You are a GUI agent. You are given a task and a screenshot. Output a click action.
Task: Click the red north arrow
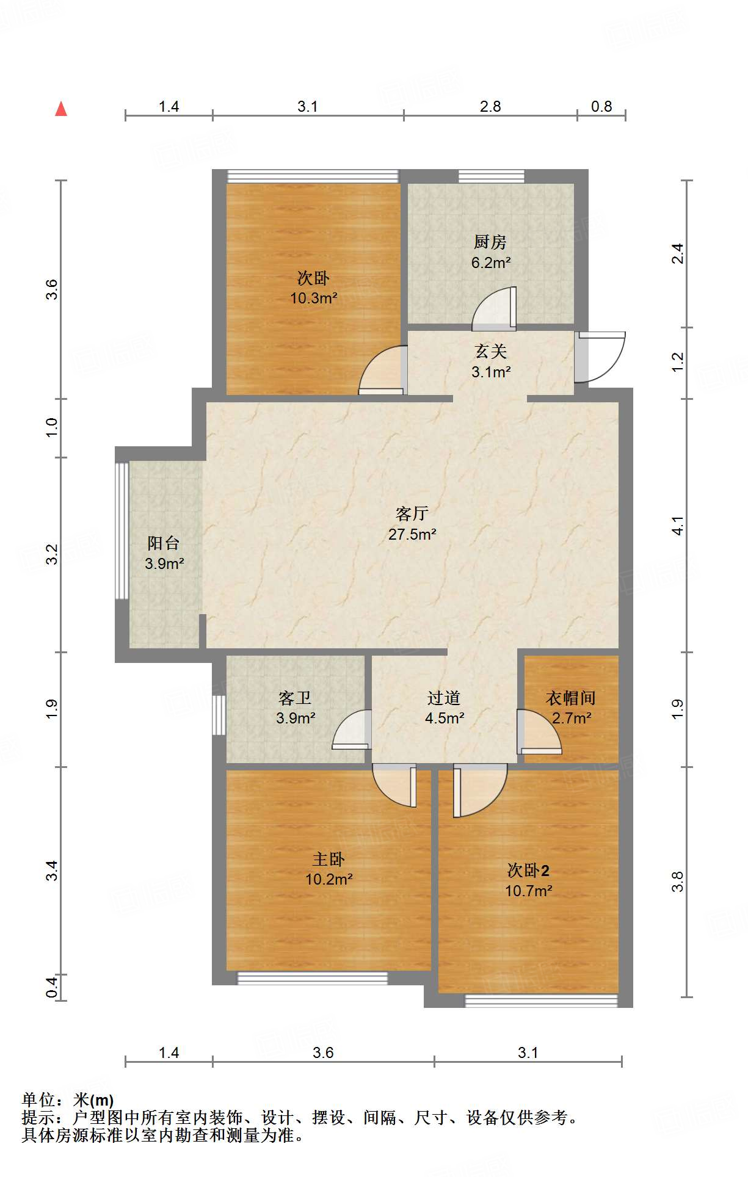point(61,109)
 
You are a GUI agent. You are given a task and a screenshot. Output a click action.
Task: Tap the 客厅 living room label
point(412,513)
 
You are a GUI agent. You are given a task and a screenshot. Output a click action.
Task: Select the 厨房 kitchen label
point(490,242)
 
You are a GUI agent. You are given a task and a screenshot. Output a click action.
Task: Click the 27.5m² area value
point(412,535)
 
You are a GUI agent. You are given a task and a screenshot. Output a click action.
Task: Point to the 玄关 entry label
point(491,352)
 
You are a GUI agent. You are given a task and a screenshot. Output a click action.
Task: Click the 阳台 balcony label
point(164,543)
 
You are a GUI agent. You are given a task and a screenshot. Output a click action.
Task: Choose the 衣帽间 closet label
point(570,698)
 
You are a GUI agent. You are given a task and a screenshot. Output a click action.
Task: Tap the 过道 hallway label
point(444,698)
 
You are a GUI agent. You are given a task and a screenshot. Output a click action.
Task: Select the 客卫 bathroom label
point(295,698)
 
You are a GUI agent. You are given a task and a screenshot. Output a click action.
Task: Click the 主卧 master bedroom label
point(329,860)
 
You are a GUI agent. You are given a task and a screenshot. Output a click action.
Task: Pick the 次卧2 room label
point(528,871)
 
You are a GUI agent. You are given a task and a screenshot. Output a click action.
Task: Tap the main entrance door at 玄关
point(600,357)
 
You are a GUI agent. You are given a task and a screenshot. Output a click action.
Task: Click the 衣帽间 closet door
point(539,731)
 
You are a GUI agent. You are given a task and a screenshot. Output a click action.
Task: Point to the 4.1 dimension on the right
point(677,526)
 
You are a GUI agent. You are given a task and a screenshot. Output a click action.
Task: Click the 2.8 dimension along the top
point(490,107)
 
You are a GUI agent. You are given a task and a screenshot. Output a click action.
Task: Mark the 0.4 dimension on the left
point(53,988)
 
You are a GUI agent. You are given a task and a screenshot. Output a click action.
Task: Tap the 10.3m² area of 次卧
point(314,299)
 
